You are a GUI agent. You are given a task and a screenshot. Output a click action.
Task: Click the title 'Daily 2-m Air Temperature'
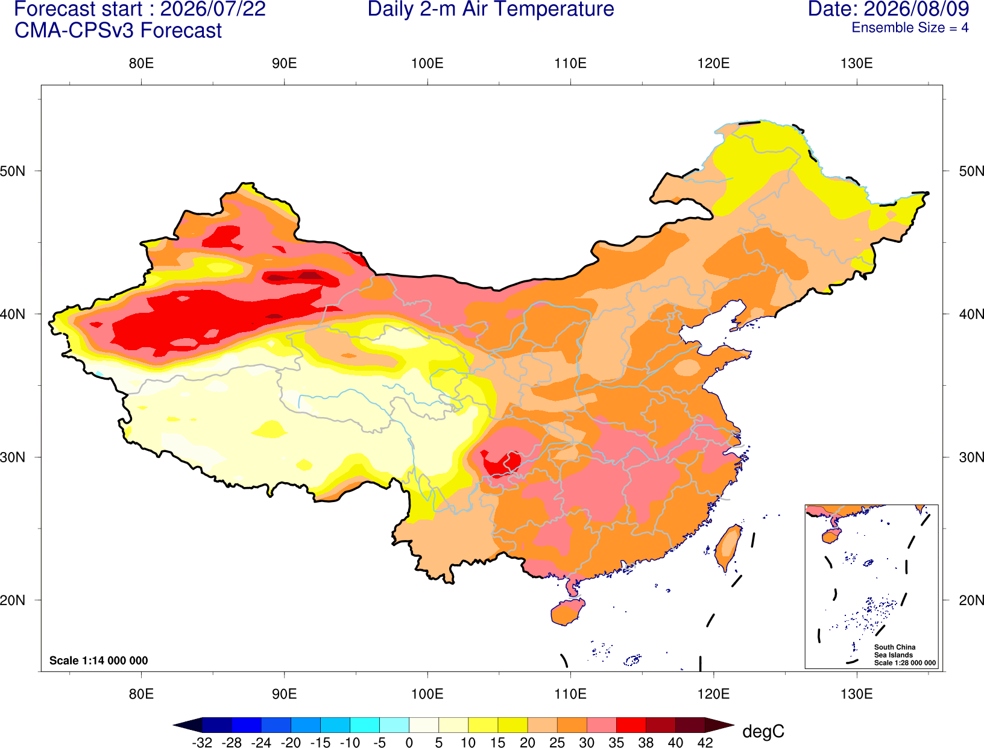490,9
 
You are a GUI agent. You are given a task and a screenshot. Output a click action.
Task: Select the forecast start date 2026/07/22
213,9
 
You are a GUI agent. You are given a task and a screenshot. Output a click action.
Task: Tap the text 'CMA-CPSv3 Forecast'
118,31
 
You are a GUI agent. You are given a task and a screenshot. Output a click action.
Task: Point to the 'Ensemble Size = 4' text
910,28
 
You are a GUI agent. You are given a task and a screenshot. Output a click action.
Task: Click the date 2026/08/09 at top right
916,9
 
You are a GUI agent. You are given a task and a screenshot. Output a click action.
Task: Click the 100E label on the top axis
427,63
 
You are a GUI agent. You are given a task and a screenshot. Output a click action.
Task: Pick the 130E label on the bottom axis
857,694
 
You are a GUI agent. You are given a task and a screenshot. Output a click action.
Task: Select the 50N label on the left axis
13,171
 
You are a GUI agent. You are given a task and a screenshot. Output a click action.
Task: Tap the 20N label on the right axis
971,600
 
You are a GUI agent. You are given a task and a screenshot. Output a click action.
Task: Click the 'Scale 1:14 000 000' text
99,660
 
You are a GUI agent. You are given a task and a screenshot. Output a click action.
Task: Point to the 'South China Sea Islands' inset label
895,651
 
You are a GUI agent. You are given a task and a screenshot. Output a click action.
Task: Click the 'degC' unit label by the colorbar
763,731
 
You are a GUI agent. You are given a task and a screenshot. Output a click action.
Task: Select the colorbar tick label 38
646,743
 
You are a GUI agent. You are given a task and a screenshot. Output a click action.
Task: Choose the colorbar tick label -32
202,743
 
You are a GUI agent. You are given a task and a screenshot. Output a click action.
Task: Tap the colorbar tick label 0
409,743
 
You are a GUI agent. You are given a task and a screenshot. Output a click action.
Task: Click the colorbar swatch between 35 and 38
631,724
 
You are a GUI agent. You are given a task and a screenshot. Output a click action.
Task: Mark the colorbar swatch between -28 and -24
247,724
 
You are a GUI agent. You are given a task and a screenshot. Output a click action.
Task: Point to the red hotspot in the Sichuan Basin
500,464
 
